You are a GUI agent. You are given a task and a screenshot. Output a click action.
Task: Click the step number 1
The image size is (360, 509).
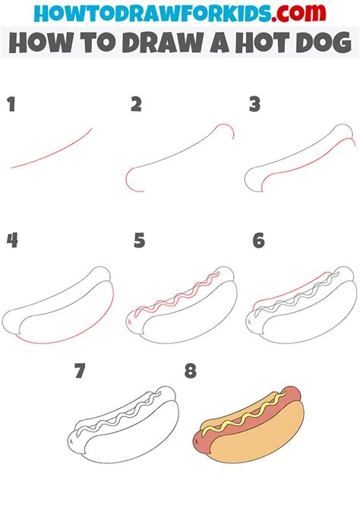click(x=11, y=105)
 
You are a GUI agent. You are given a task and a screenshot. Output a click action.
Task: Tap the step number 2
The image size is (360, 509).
click(x=136, y=105)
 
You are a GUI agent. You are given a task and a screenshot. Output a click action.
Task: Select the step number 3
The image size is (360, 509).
click(x=255, y=105)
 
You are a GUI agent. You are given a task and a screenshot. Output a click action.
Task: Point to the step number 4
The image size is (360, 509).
click(x=12, y=241)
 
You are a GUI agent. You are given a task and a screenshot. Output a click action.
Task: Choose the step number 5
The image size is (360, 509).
click(x=139, y=241)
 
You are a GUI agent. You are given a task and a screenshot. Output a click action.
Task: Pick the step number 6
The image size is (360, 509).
click(x=258, y=241)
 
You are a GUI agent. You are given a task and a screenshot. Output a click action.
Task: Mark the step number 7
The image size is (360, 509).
click(x=80, y=371)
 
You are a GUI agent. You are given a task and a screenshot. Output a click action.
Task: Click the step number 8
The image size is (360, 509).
click(x=190, y=371)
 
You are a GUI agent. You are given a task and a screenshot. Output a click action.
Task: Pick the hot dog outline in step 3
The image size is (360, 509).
click(x=304, y=163)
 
